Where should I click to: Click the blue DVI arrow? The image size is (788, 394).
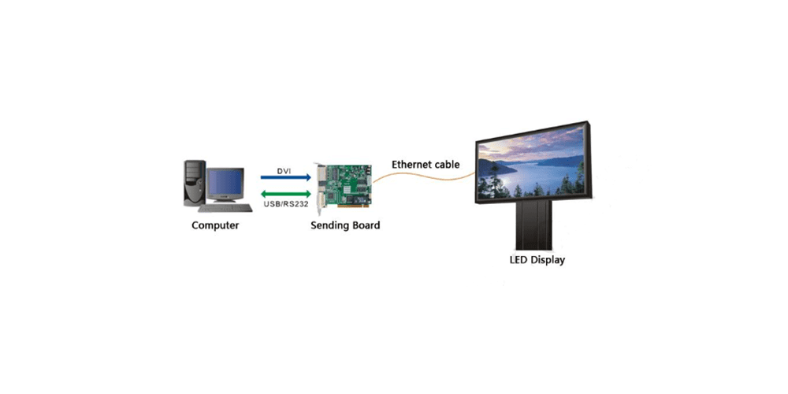coord(285,178)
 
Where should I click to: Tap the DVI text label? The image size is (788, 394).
coord(285,170)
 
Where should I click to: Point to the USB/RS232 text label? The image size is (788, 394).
coord(285,205)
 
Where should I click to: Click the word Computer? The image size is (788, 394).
coord(215,225)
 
